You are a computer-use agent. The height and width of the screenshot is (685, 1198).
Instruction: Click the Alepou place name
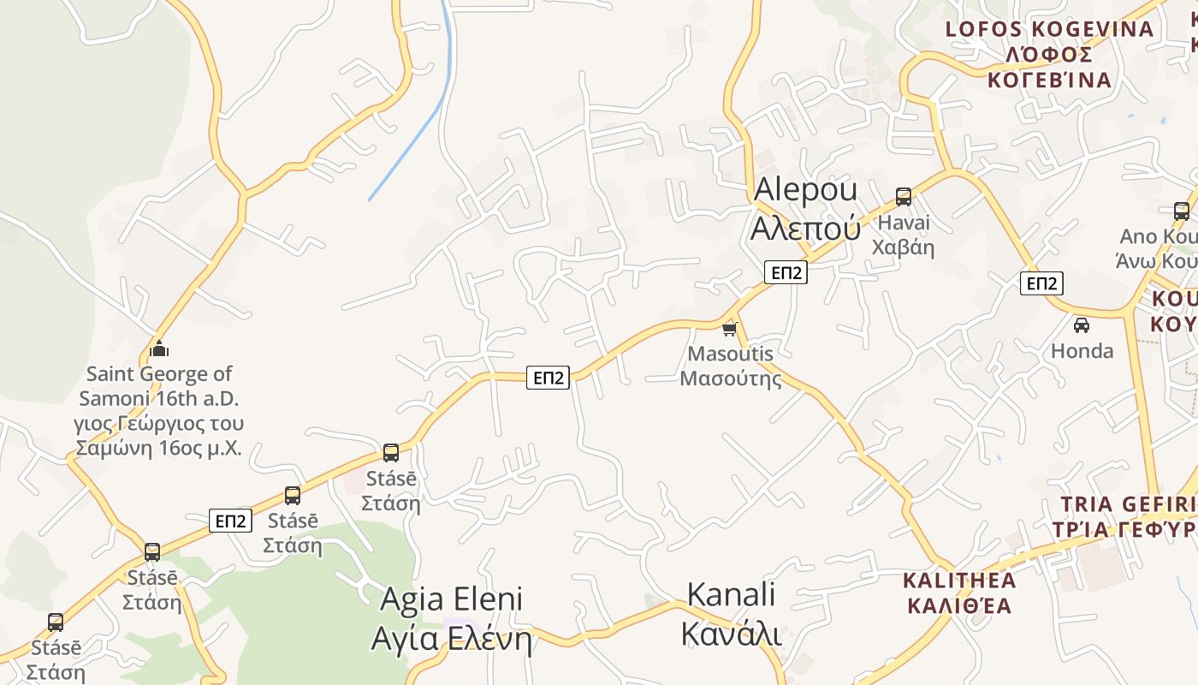point(804,189)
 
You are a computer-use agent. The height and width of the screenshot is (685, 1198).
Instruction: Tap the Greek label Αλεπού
point(804,228)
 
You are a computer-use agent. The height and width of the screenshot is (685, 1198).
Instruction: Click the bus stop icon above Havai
point(904,197)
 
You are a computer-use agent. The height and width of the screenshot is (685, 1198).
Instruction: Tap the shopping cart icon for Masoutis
point(730,328)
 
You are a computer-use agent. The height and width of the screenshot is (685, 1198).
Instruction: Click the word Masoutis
point(730,354)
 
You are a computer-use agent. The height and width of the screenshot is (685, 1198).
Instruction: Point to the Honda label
point(1082,350)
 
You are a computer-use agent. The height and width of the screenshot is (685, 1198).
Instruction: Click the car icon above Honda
point(1082,325)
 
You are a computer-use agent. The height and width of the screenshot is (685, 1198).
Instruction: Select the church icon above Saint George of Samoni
point(159,348)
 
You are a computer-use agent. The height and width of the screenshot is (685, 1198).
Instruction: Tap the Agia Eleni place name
point(451,599)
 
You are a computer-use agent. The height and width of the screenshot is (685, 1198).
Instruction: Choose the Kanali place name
point(731,593)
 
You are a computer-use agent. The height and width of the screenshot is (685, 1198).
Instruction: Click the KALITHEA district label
point(959,581)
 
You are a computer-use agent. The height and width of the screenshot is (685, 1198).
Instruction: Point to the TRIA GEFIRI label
point(1128,503)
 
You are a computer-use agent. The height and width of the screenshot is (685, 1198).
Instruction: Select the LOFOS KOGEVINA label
point(1049,29)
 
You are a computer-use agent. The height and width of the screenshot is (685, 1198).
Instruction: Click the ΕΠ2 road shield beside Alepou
point(786,272)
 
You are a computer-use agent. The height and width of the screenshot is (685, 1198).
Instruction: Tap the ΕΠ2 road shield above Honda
point(1041,283)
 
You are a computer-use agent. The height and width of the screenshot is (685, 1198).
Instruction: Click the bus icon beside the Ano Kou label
point(1181,211)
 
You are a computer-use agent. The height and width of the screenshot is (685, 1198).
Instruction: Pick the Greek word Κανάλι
point(731,634)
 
